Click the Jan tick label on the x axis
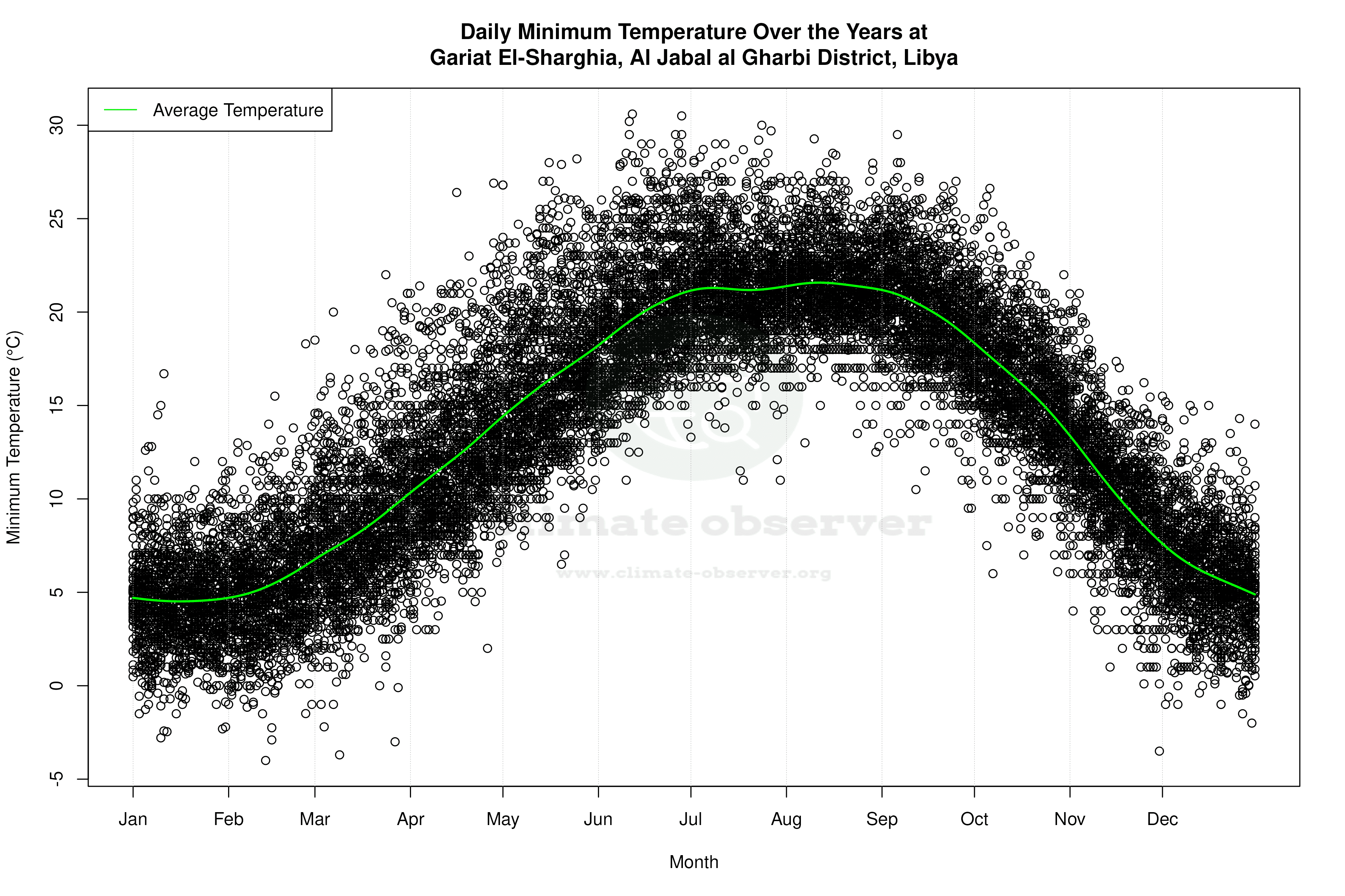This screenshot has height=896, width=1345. pyautogui.click(x=133, y=819)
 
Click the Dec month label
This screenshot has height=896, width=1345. pyautogui.click(x=1162, y=819)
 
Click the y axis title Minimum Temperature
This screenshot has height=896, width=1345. pyautogui.click(x=14, y=437)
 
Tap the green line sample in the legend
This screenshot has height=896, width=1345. pyautogui.click(x=120, y=110)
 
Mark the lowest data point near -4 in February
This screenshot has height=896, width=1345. pyautogui.click(x=265, y=760)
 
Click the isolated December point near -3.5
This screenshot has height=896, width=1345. pyautogui.click(x=1159, y=751)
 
